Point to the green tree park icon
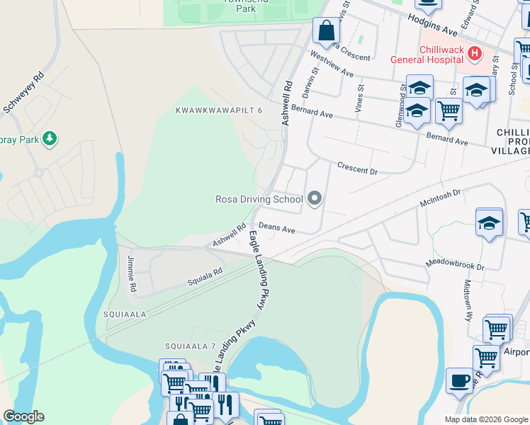pos(49,138)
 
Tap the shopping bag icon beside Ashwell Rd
pos(326,30)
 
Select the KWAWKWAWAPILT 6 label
pos(219,110)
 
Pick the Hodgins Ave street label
pos(432,27)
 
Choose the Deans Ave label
pos(276,228)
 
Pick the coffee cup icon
pos(459,380)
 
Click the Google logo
pos(23,416)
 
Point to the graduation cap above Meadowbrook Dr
pos(489,222)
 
